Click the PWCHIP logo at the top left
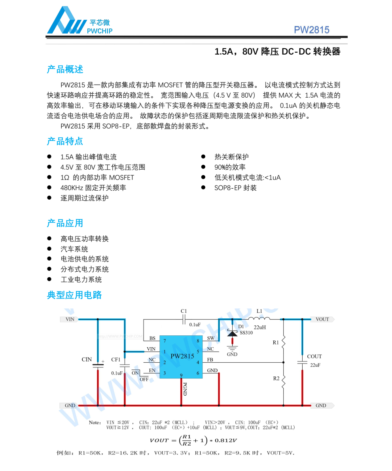79,22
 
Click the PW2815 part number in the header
311,30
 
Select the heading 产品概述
65,70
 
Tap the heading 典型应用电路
74,295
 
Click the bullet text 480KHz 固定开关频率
93,188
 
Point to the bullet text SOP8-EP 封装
235,188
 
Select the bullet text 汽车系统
74,249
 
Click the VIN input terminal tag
70,319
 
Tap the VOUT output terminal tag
322,319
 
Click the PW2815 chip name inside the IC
182,356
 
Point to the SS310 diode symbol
232,333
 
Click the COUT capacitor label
314,356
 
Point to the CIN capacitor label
87,359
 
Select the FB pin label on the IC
210,360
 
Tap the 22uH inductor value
260,327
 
